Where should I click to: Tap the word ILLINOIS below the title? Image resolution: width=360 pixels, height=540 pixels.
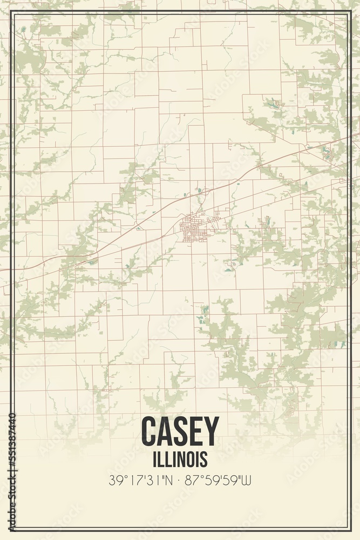click(180, 459)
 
